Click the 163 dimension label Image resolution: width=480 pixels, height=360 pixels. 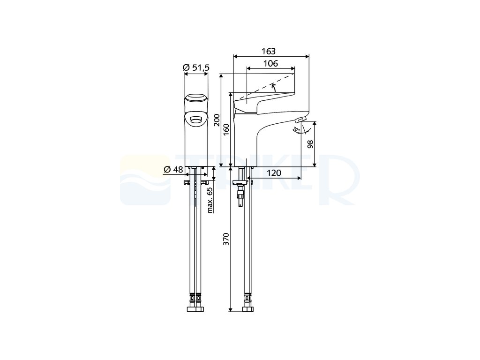pos(269,51)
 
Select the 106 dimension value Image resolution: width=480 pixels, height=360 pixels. pos(270,63)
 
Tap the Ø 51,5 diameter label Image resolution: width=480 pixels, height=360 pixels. pos(196,67)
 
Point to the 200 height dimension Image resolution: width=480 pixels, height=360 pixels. pos(217,120)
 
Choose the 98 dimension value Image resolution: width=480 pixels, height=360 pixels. pos(310,144)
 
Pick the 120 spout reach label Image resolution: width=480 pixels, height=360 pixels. pos(274,173)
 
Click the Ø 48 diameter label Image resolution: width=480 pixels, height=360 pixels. pos(173,169)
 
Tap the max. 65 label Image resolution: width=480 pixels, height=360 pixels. pos(210,200)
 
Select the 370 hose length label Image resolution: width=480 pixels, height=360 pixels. pos(226,239)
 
